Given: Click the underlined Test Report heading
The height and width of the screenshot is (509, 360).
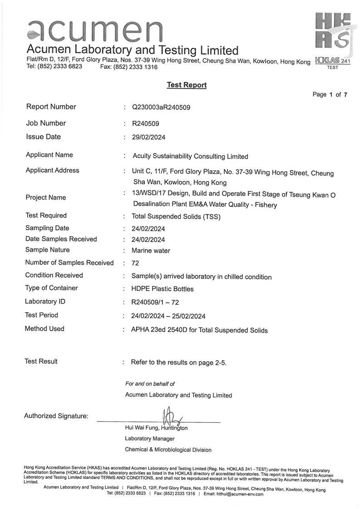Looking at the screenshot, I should pos(187,85).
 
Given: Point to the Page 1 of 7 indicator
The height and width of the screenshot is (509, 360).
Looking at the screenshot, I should pos(330,95).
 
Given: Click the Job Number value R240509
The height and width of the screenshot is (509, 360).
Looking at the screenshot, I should pos(145,123).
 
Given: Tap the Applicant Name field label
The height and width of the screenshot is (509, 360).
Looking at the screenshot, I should pos(49,155).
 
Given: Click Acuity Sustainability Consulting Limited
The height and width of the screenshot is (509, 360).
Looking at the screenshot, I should pos(190,157).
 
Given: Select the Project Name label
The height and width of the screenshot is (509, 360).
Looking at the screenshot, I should pos(46,197).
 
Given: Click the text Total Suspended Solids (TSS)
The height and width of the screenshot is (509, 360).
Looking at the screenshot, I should pos(176,216).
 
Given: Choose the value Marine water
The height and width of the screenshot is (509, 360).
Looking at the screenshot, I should pos(151,250).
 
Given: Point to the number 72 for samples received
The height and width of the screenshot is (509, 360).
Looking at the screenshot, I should pos(135,263).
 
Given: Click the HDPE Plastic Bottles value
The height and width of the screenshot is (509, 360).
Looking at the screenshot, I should pos(162,289).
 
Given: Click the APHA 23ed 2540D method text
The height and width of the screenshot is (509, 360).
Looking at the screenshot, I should pos(199,330).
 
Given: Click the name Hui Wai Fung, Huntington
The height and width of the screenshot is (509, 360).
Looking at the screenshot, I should pos(156,428).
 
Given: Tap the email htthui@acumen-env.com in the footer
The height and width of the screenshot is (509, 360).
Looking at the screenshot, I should pos(240,494).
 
